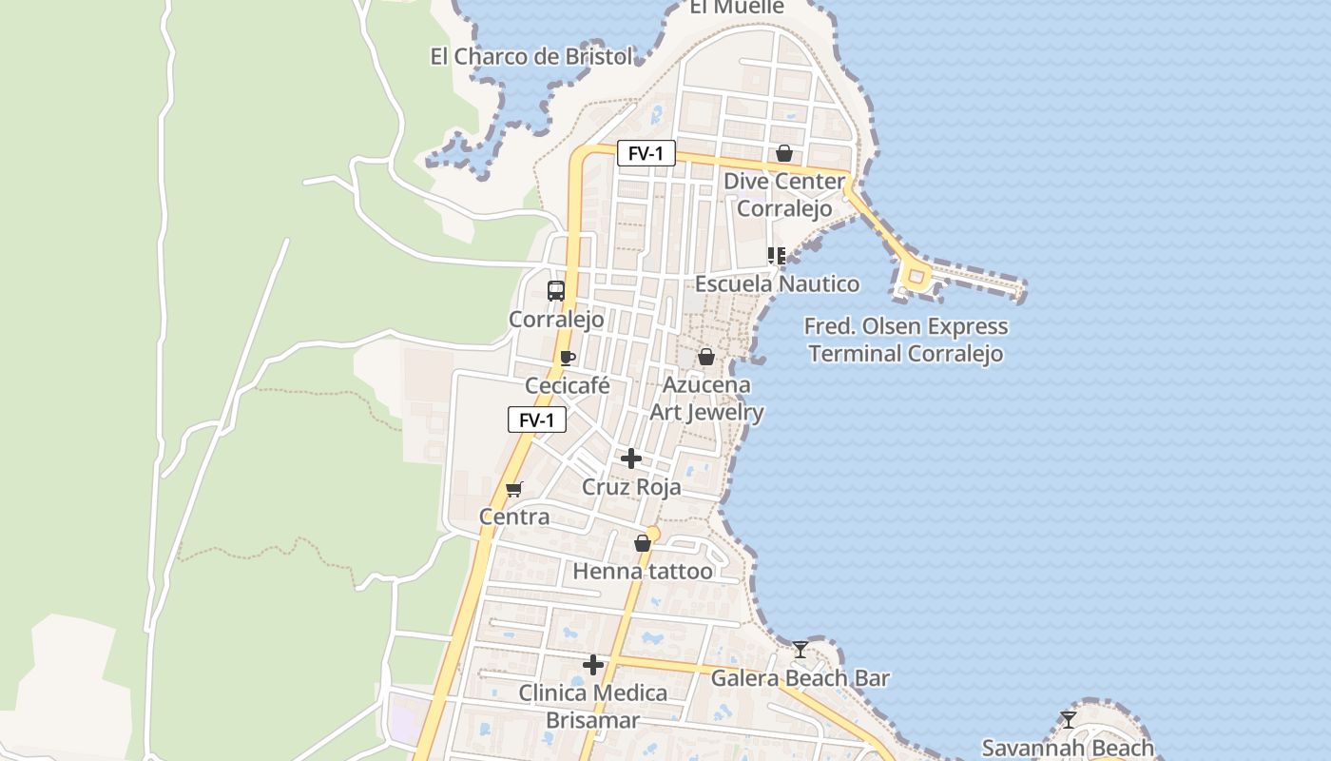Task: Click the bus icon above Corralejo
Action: [x=556, y=291]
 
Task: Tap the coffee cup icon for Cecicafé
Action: [x=568, y=359]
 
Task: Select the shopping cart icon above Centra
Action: [x=514, y=490]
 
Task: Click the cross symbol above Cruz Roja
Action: [x=631, y=459]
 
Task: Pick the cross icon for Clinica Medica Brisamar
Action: [x=593, y=665]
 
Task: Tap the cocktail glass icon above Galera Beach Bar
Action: [x=801, y=650]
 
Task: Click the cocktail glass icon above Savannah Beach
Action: [x=1069, y=720]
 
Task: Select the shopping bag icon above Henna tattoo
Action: [x=643, y=543]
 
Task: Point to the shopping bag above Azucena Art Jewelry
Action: [x=706, y=357]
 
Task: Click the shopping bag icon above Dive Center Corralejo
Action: [x=784, y=153]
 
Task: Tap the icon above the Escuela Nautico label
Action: [x=777, y=256]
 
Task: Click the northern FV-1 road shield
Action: [x=646, y=153]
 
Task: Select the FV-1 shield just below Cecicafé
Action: [x=537, y=420]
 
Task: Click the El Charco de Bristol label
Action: [x=530, y=56]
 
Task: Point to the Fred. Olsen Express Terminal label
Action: [x=905, y=341]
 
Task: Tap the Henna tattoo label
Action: [x=643, y=572]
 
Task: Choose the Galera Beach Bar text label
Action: [x=801, y=678]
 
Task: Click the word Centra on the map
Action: [x=514, y=517]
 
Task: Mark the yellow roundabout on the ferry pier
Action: [x=916, y=278]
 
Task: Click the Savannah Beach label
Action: [x=1068, y=748]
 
